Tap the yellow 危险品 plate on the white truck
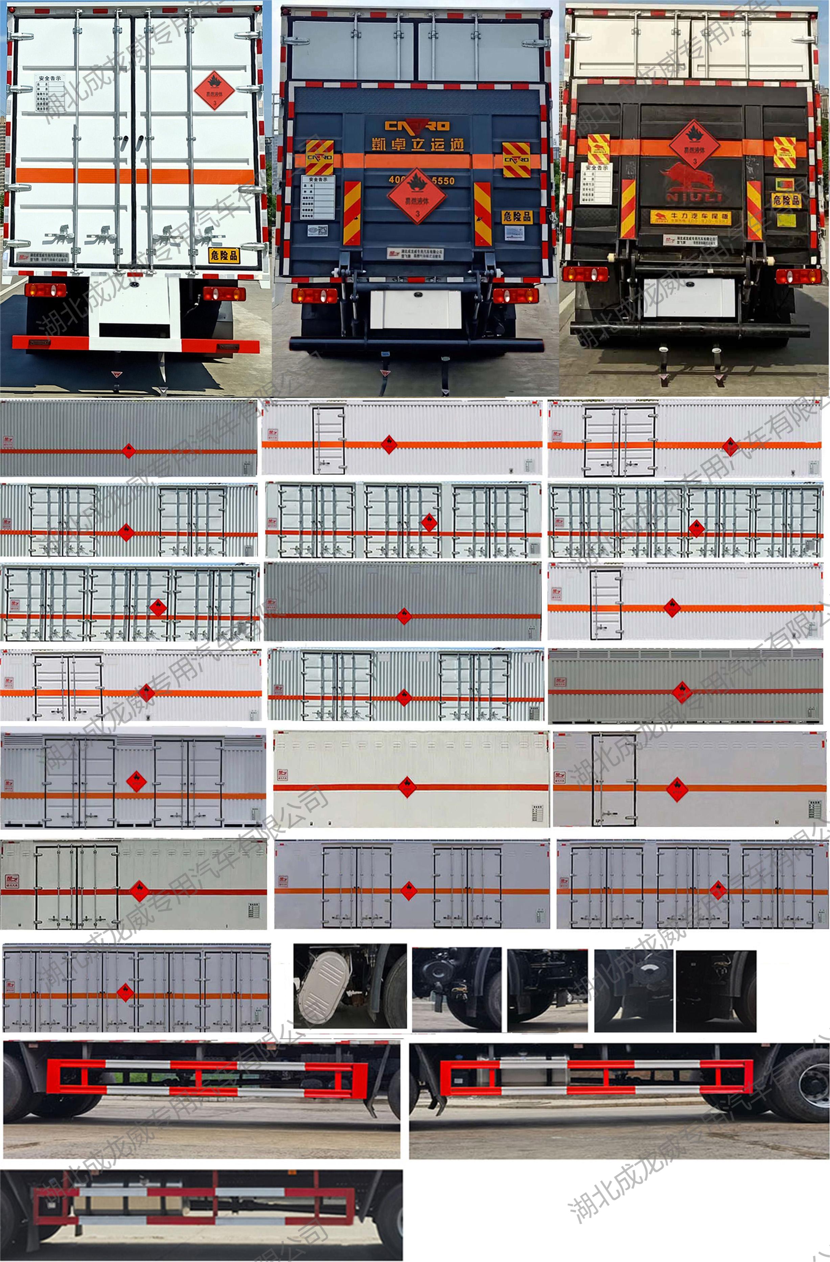point(224,255)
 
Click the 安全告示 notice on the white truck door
point(49,93)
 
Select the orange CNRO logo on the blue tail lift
point(417,126)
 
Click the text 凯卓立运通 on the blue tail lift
point(418,144)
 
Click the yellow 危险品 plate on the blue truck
point(516,216)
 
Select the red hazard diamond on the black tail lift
point(694,144)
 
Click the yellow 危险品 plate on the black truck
point(786,200)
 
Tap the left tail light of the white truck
point(46,290)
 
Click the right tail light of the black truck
point(795,276)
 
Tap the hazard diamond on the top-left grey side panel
point(129,451)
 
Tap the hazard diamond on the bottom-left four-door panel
point(125,993)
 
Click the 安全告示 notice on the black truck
point(597,183)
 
